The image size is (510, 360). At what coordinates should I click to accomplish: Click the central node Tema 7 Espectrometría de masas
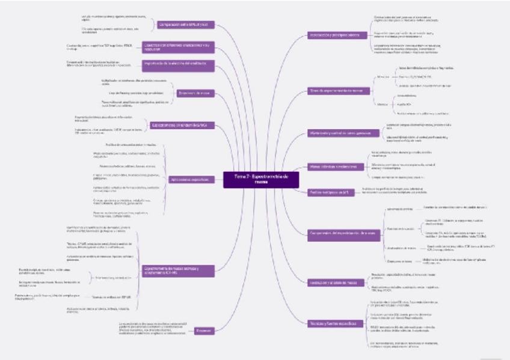point(257,178)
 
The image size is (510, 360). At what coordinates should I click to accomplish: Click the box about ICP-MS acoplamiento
point(171,270)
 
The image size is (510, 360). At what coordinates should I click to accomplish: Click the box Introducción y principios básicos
point(334,36)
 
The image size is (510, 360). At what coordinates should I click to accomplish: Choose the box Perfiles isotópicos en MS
point(328,192)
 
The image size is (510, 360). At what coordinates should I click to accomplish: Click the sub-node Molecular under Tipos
point(382,78)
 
